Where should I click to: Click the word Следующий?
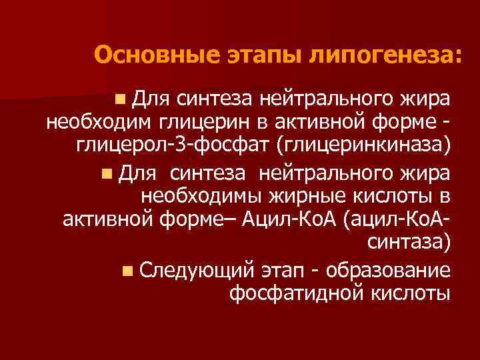click(x=198, y=271)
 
